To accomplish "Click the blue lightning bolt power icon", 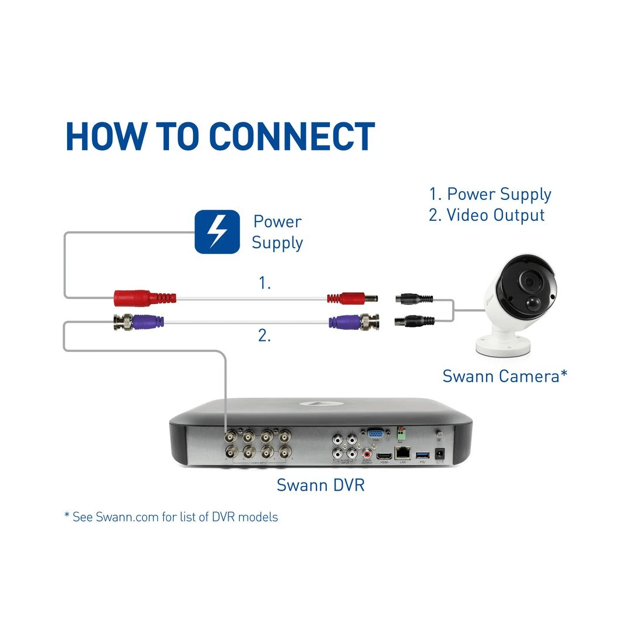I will (x=217, y=232).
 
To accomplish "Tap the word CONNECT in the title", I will (x=291, y=138).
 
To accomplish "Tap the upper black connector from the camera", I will (x=414, y=300).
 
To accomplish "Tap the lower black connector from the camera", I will (x=415, y=320).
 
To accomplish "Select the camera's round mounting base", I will (x=498, y=344).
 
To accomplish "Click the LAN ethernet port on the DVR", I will (x=402, y=452).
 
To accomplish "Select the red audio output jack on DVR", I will (x=367, y=453).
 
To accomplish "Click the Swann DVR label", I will (x=320, y=485).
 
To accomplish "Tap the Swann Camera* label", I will (x=505, y=376).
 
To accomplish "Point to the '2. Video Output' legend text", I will (x=487, y=215).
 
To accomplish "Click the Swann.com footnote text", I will (x=171, y=517).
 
